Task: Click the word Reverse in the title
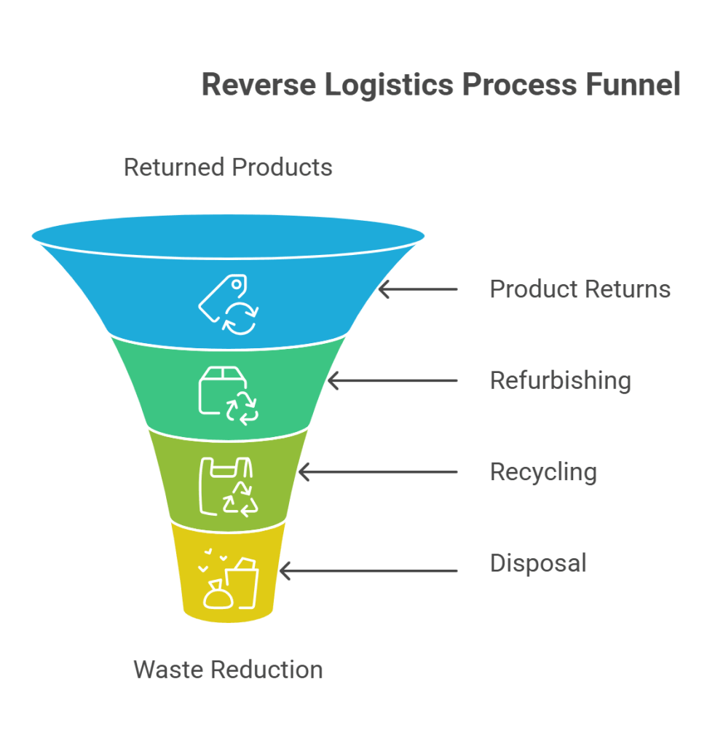pyautogui.click(x=258, y=85)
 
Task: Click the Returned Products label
pyautogui.click(x=228, y=167)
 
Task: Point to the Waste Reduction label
pyautogui.click(x=228, y=669)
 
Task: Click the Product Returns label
pyautogui.click(x=580, y=289)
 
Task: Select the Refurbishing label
pyautogui.click(x=560, y=380)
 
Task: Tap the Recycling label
pyautogui.click(x=543, y=472)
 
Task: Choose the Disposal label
pyautogui.click(x=538, y=563)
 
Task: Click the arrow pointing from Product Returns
pyautogui.click(x=418, y=289)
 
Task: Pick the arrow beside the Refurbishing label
pyautogui.click(x=392, y=380)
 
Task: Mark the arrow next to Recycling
pyautogui.click(x=378, y=472)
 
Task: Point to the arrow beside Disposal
pyautogui.click(x=368, y=570)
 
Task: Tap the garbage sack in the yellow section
pyautogui.click(x=218, y=596)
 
